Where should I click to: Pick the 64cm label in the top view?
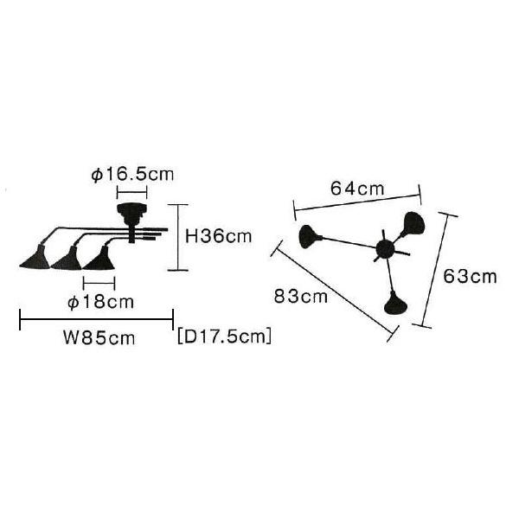point(357,188)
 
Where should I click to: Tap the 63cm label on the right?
point(471,277)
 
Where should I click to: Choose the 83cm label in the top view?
point(300,296)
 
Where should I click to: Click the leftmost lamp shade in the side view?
point(37,256)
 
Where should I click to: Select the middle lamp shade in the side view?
point(67,258)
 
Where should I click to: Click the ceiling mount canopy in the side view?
point(131,211)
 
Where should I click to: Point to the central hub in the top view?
point(384,251)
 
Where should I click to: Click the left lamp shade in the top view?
point(308,235)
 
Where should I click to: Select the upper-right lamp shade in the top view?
point(411,223)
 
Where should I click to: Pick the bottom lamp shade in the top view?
point(395,303)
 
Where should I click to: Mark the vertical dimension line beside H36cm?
point(178,237)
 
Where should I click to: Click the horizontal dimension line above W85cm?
point(96,320)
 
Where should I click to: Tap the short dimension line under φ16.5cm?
point(132,190)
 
